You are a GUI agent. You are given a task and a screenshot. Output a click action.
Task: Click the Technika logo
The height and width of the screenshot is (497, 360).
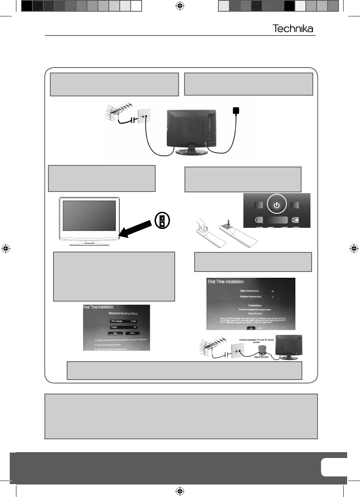(292, 29)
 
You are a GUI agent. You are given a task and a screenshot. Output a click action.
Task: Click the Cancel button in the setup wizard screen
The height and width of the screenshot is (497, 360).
(132, 333)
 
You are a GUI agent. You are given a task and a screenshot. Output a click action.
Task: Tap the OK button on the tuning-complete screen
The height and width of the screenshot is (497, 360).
(251, 328)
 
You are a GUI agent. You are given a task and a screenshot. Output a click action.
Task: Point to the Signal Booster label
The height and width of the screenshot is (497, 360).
(262, 357)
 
